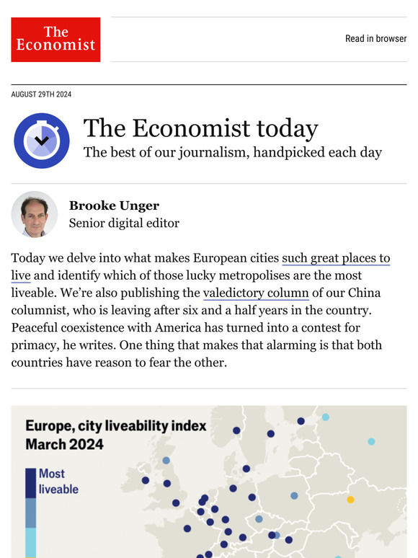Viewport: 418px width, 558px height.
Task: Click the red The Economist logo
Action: (x=55, y=40)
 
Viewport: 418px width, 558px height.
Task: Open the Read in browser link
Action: (x=375, y=39)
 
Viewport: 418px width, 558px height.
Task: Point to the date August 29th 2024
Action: (x=41, y=94)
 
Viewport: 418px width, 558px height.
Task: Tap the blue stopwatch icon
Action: (x=42, y=141)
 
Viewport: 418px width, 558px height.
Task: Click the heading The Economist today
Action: (x=200, y=128)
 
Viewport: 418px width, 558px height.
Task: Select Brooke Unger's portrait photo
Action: (x=35, y=214)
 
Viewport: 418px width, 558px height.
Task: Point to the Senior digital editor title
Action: (x=124, y=223)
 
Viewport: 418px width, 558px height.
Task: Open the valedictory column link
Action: (x=256, y=293)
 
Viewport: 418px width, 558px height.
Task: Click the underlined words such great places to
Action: (x=336, y=258)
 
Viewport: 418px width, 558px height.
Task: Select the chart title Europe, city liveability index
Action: (x=116, y=425)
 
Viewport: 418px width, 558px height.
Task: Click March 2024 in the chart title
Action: (x=64, y=443)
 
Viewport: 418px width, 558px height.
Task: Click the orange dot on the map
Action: (x=350, y=499)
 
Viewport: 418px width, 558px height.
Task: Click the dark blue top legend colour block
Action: (x=30, y=482)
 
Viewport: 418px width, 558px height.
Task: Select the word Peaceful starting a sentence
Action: (x=37, y=327)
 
